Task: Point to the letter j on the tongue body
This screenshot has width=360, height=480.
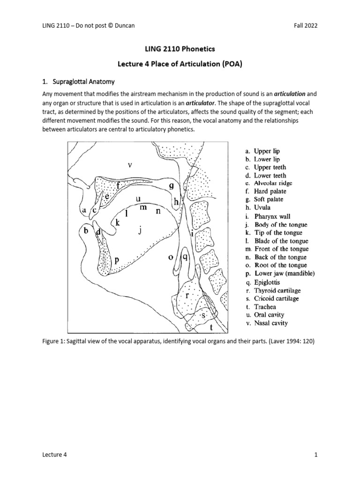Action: click(139, 230)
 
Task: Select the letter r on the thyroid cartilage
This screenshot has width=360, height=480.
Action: click(187, 296)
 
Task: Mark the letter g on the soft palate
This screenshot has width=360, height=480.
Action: click(172, 186)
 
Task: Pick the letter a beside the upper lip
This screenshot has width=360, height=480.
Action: click(84, 211)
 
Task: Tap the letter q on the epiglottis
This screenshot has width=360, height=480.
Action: click(185, 257)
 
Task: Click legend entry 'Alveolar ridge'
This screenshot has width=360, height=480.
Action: click(270, 183)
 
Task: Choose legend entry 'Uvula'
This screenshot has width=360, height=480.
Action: click(262, 208)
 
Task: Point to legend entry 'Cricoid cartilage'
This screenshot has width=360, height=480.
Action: click(277, 298)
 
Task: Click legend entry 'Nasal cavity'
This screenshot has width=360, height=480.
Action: click(271, 323)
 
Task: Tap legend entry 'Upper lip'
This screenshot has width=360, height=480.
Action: click(266, 151)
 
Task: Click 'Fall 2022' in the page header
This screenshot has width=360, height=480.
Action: click(304, 26)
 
